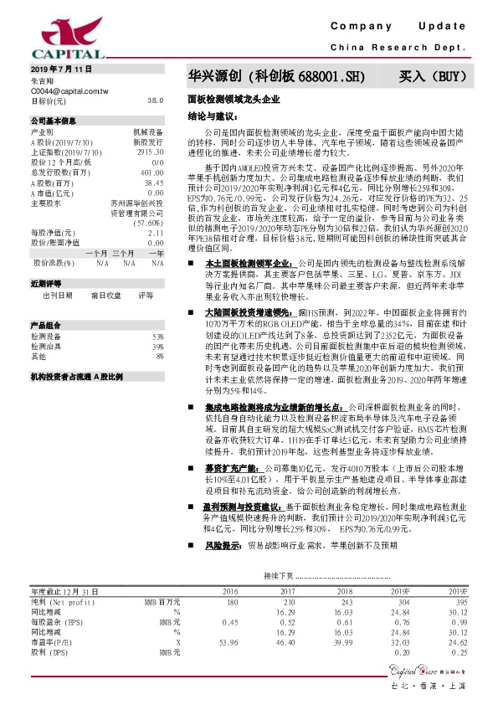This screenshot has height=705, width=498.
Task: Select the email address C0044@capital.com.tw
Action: click(69, 90)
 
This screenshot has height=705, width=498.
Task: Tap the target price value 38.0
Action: click(155, 100)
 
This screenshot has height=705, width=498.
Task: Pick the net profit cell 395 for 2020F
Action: click(459, 602)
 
